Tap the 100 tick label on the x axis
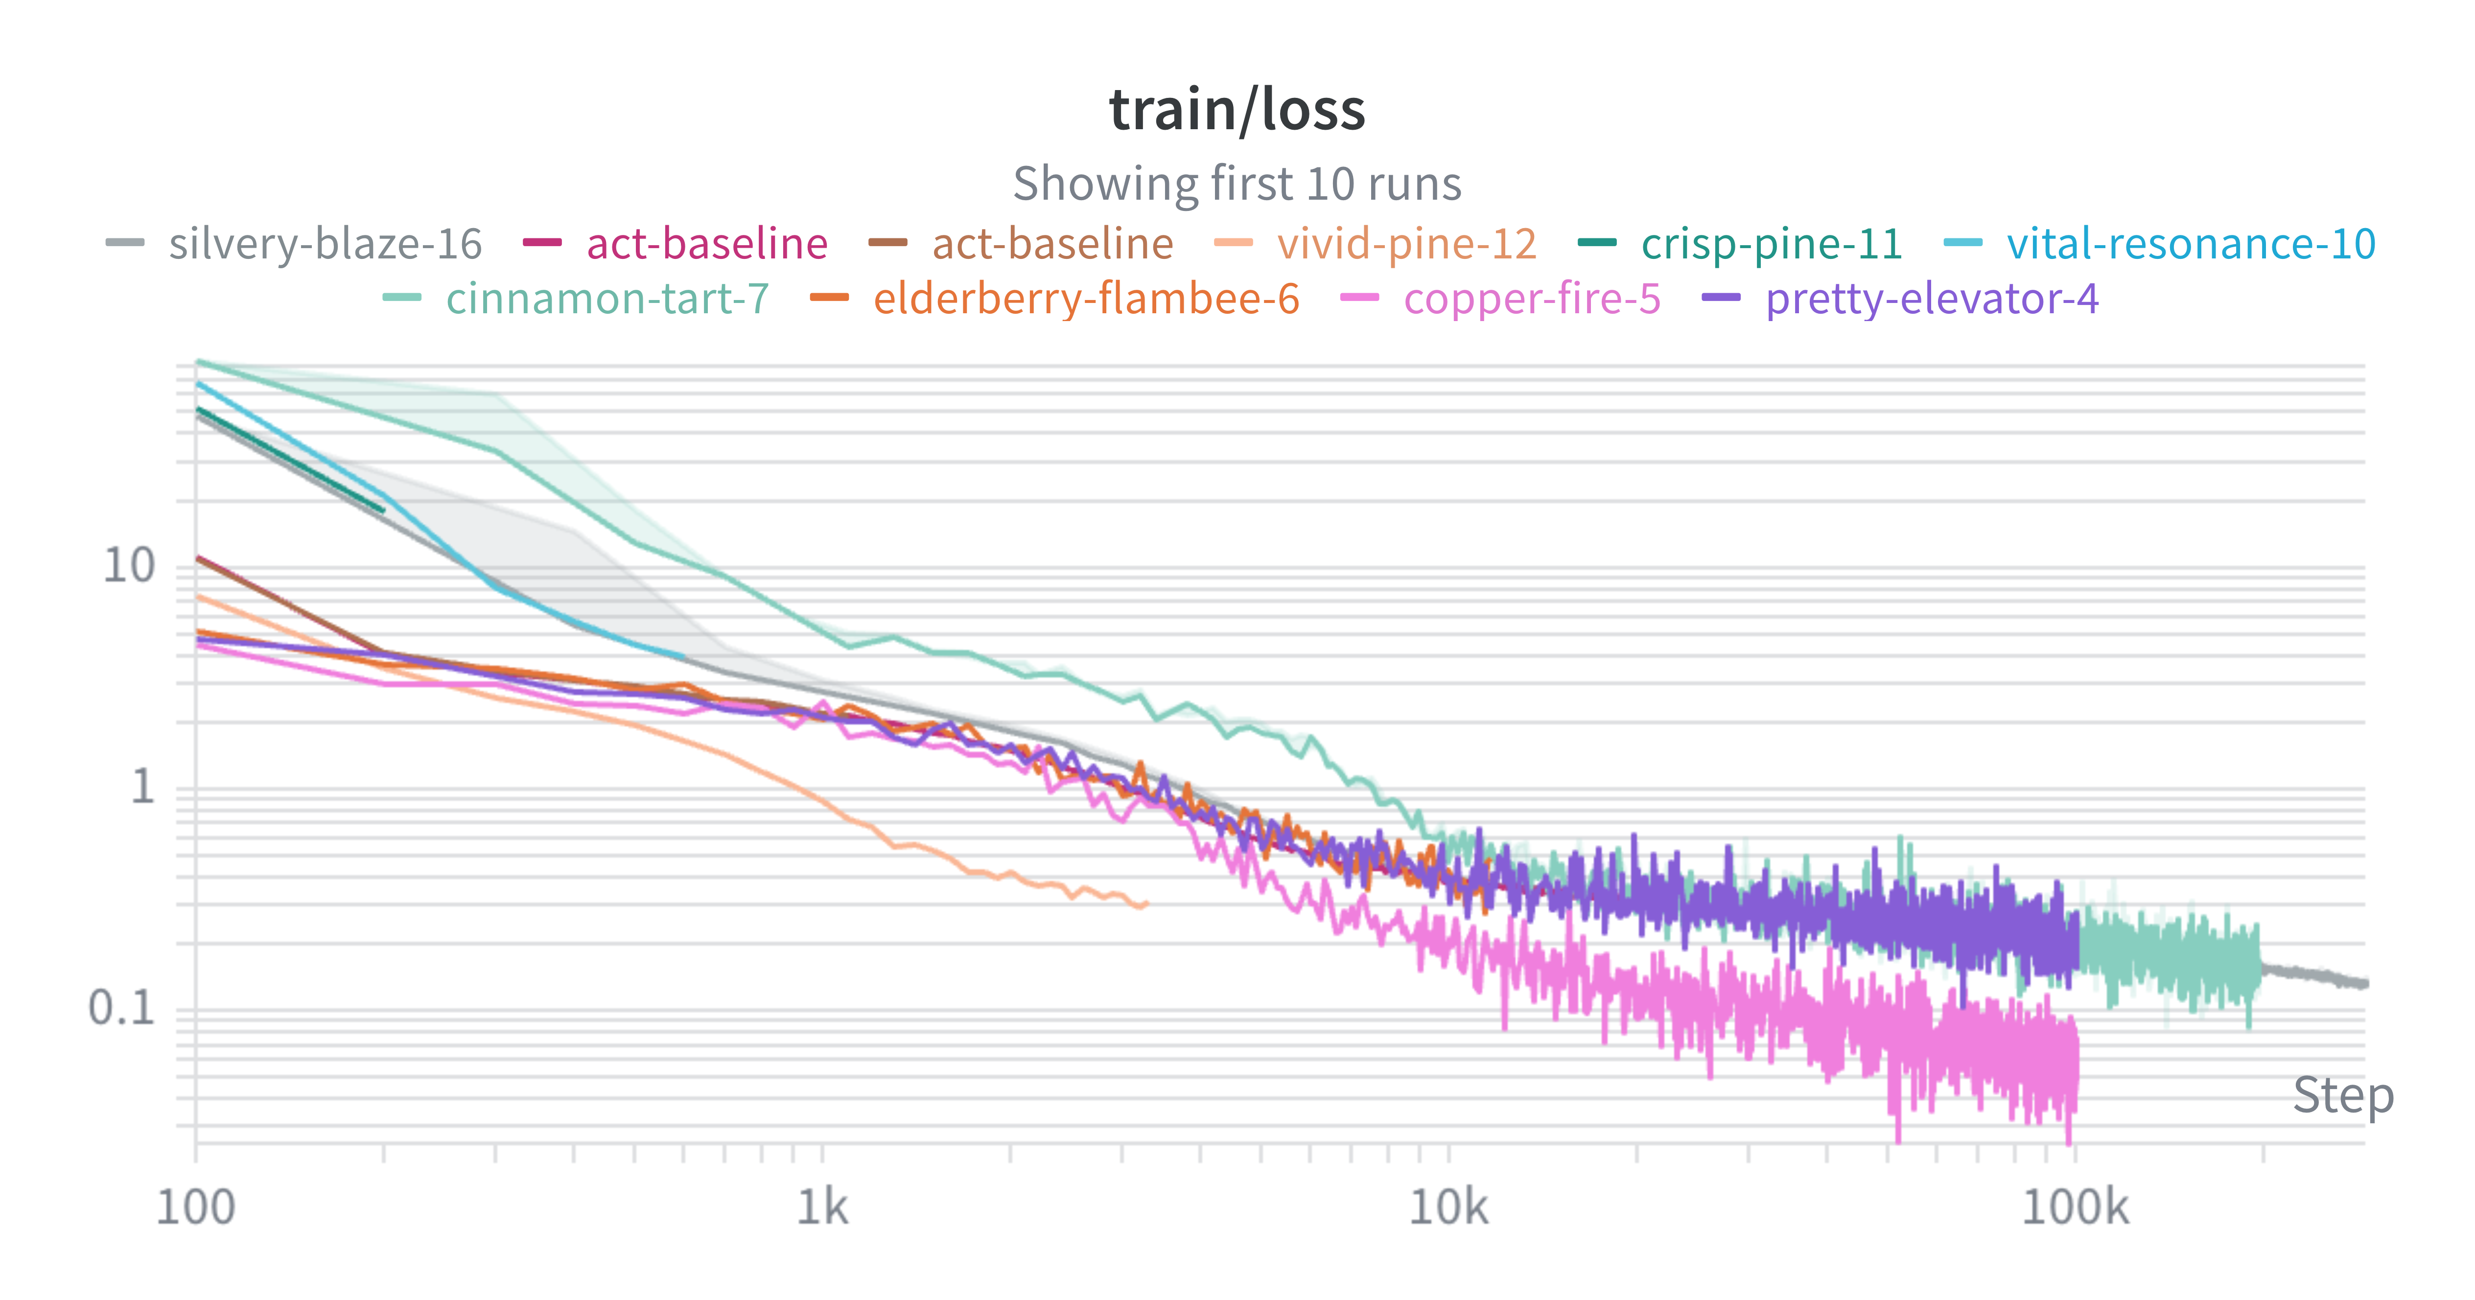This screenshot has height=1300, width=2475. coord(196,1207)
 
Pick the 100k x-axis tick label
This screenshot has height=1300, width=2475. coord(2076,1207)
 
